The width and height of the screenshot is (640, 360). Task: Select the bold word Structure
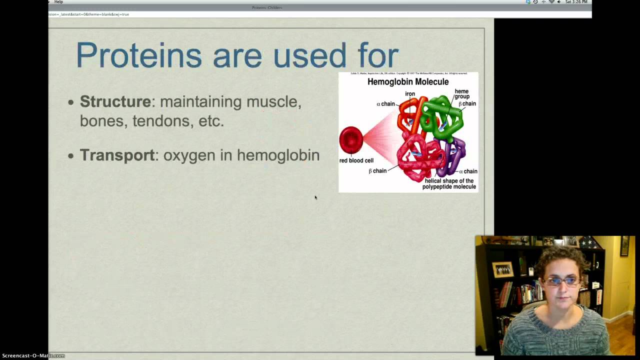pos(115,101)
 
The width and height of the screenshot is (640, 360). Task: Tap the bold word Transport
pos(117,155)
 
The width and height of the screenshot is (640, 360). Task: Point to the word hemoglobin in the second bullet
pos(278,155)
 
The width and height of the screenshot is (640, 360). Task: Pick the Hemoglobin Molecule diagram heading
pos(408,82)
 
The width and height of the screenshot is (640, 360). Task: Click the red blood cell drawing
pos(351,140)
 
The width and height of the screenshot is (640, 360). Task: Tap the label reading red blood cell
pos(356,160)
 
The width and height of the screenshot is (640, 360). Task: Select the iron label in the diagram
pos(410,93)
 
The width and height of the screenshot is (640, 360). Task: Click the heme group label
pos(461,94)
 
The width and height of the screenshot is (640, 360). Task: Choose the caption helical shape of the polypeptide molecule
pos(448,183)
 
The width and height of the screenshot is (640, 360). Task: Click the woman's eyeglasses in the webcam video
pos(561,281)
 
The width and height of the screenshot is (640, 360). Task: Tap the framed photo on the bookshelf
pos(502,269)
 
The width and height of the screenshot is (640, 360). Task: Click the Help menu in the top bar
pos(58,2)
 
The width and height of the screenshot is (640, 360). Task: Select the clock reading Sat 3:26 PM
pos(576,2)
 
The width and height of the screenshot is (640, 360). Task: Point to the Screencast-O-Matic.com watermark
pos(33,355)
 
